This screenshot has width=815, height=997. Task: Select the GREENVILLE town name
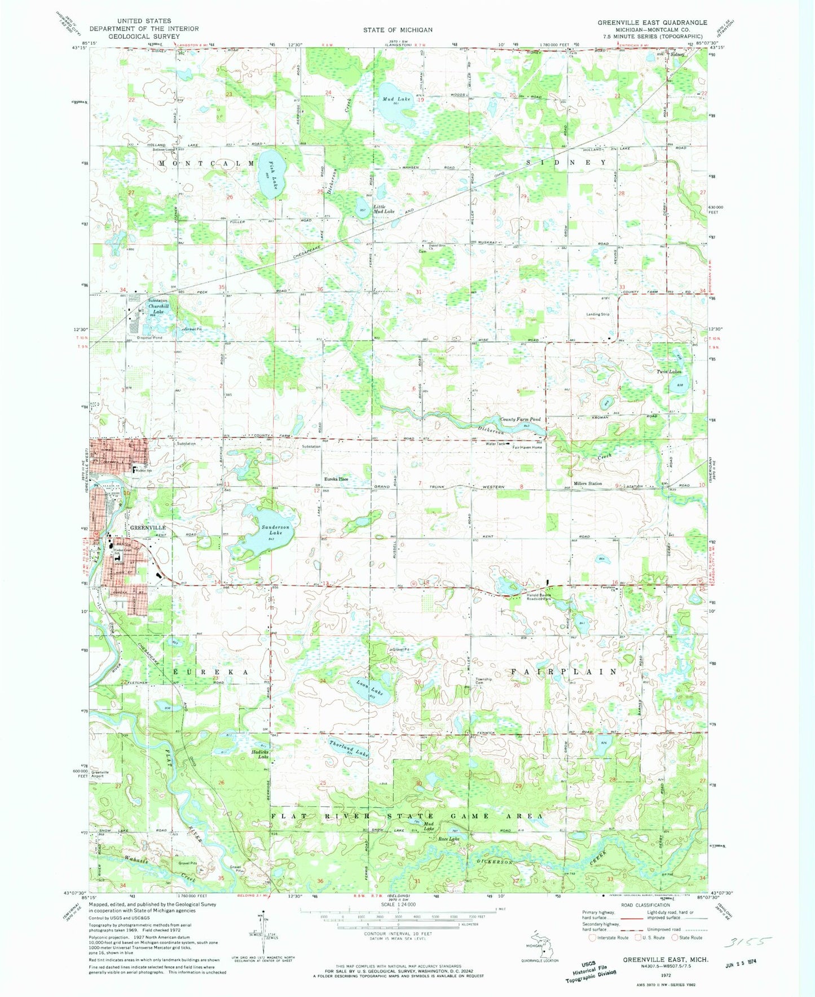point(148,528)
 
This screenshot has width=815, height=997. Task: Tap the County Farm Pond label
point(520,419)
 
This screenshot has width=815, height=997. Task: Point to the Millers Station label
point(588,484)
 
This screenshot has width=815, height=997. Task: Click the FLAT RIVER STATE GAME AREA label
point(407,816)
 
